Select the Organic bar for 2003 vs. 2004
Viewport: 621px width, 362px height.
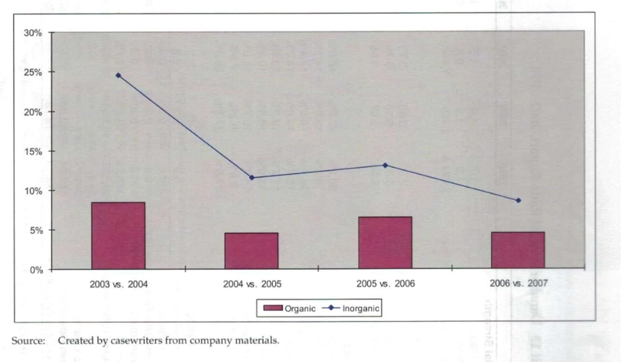pos(118,236)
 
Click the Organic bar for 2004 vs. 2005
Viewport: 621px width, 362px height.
pos(251,251)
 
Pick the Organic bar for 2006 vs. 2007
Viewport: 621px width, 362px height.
pos(518,250)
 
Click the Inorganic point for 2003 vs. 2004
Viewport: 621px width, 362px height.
pos(118,75)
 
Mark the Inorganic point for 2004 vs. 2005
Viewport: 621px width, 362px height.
pos(252,178)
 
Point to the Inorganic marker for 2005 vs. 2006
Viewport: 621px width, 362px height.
pos(385,165)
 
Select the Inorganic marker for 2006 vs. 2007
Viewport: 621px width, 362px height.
pos(519,201)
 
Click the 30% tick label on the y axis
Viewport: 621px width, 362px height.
pos(33,33)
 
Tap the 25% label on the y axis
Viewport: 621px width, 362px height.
pos(33,72)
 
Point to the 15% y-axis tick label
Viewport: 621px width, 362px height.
pos(33,152)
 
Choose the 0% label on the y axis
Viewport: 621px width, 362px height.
pos(36,270)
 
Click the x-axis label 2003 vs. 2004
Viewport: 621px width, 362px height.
pos(118,284)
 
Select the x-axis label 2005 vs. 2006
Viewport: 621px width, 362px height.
pos(385,283)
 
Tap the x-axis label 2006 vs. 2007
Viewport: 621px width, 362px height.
pos(519,283)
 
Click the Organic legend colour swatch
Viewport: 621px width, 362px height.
pos(273,308)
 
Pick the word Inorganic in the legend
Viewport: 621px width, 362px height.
pos(361,308)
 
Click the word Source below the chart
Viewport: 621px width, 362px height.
pos(28,341)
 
